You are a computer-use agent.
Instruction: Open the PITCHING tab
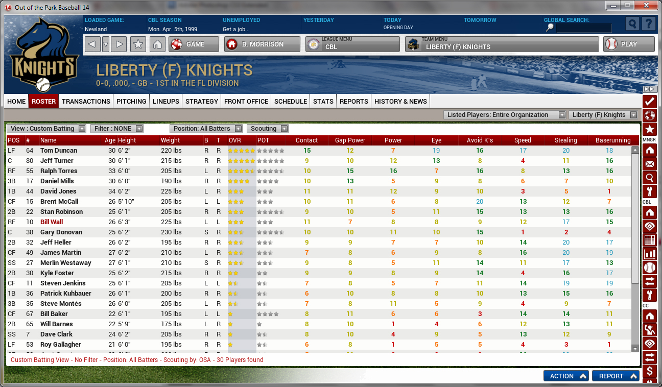(x=131, y=101)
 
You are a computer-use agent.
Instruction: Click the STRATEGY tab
(x=202, y=101)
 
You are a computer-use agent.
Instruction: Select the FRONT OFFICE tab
(x=246, y=101)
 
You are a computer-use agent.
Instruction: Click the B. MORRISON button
(x=262, y=44)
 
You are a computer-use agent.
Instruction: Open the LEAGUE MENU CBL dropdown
(x=352, y=44)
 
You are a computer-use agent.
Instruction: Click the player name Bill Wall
(x=52, y=222)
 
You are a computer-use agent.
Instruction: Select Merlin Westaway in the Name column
(x=65, y=263)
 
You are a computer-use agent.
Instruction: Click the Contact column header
(x=306, y=140)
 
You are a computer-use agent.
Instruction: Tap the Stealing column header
(x=565, y=140)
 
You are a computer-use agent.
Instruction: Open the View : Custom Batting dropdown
(x=48, y=129)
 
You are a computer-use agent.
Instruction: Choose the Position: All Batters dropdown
(x=206, y=129)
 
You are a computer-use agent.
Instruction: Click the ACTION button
(x=565, y=376)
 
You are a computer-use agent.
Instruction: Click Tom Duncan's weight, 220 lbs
(x=171, y=151)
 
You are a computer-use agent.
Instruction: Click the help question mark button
(x=648, y=24)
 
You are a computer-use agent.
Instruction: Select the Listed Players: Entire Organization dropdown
(x=504, y=115)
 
